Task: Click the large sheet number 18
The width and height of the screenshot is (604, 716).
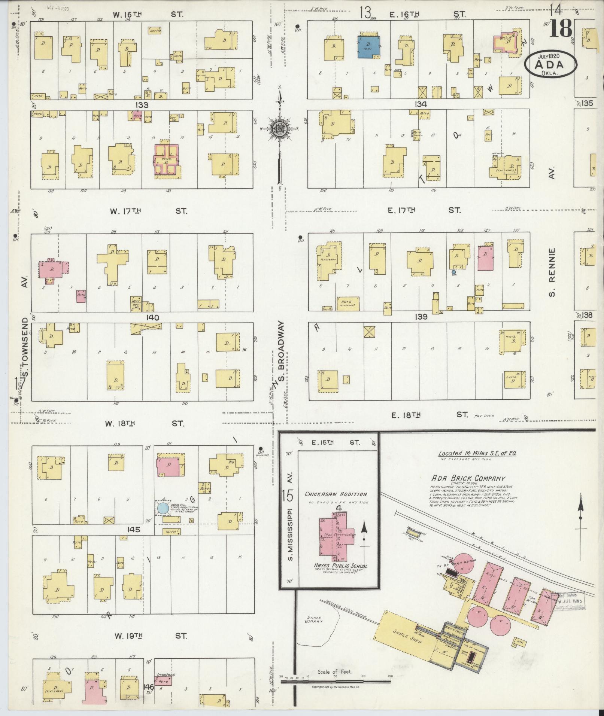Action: (561, 29)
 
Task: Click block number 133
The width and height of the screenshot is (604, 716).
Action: (142, 105)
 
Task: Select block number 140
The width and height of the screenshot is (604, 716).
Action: (153, 318)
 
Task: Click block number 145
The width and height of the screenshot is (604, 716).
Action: (133, 530)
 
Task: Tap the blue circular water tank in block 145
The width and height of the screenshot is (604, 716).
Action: (163, 508)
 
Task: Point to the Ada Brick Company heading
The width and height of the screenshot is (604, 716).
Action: (468, 478)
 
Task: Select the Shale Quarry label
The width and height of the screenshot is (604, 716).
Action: (313, 619)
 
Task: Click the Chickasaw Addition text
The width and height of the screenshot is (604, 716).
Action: (336, 494)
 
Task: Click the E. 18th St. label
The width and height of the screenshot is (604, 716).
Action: (430, 414)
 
